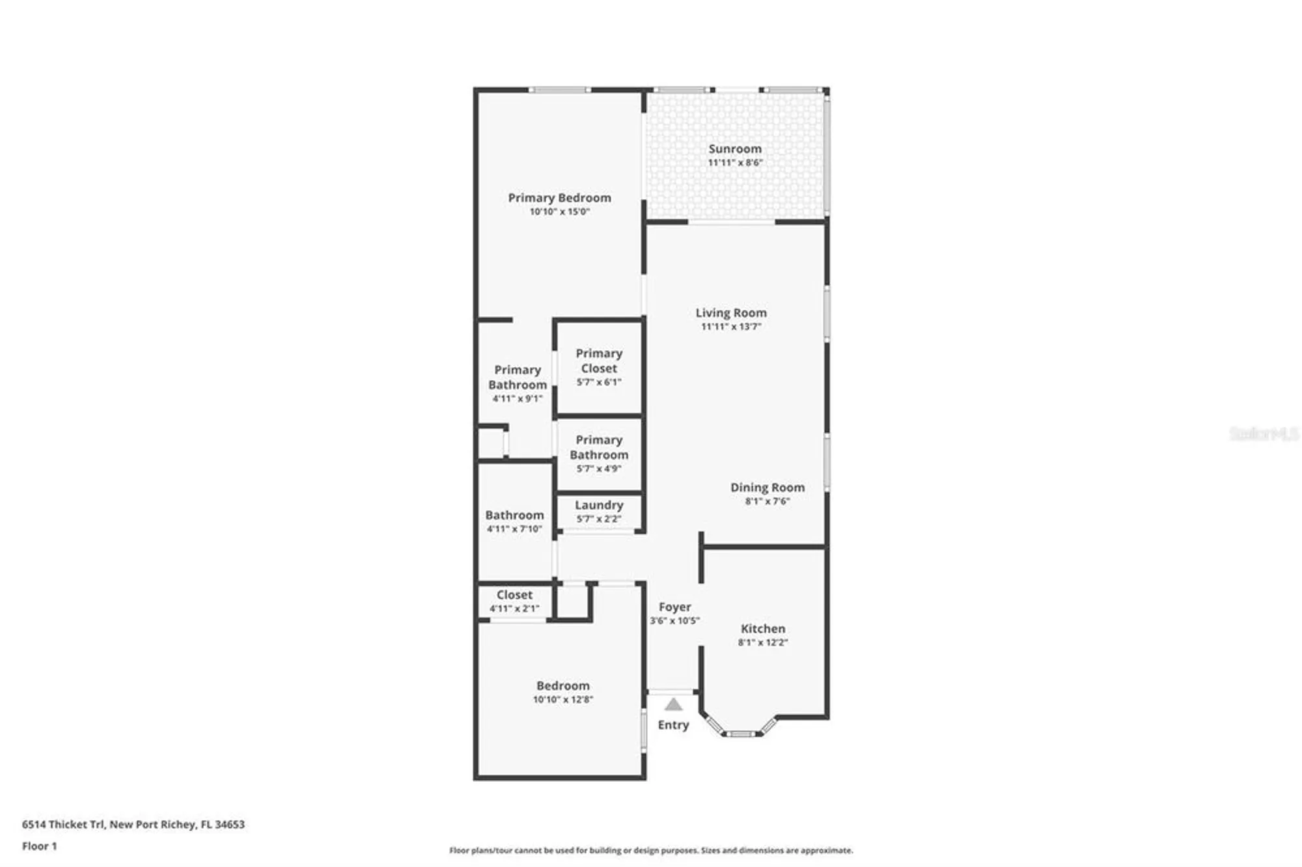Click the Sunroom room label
(735, 149)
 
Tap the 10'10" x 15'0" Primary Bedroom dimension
(559, 212)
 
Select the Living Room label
(730, 313)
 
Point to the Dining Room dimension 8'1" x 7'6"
(767, 501)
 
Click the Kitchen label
(762, 629)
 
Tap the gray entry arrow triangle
(673, 704)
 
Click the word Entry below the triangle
(673, 725)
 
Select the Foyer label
(674, 607)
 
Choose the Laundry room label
(599, 505)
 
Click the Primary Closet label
(599, 361)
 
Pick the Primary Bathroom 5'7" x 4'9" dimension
(599, 469)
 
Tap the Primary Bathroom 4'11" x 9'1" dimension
(517, 398)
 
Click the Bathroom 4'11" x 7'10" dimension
(514, 529)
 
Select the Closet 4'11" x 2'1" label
(514, 595)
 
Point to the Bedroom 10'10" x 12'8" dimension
(562, 700)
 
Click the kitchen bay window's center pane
(741, 734)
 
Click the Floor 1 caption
(39, 846)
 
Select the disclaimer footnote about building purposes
(651, 850)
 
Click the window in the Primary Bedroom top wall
(559, 90)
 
